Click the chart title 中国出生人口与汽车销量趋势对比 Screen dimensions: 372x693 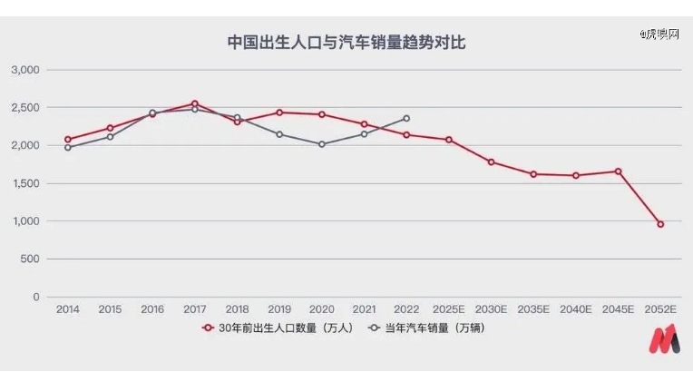coord(346,42)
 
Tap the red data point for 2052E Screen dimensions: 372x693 coord(660,224)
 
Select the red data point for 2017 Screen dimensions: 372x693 coord(194,103)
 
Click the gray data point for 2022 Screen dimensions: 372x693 coord(406,119)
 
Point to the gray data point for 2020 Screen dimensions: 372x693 coord(321,144)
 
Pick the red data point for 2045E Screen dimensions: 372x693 coord(618,171)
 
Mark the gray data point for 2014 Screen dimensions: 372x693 coord(67,147)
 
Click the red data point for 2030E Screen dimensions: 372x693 coord(491,162)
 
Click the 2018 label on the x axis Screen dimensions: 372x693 coord(237,309)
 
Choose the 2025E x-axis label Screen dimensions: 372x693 coord(448,309)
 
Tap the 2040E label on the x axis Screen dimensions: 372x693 coord(575,309)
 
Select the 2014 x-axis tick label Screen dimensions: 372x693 coord(67,309)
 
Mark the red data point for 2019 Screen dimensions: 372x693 coord(279,113)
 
